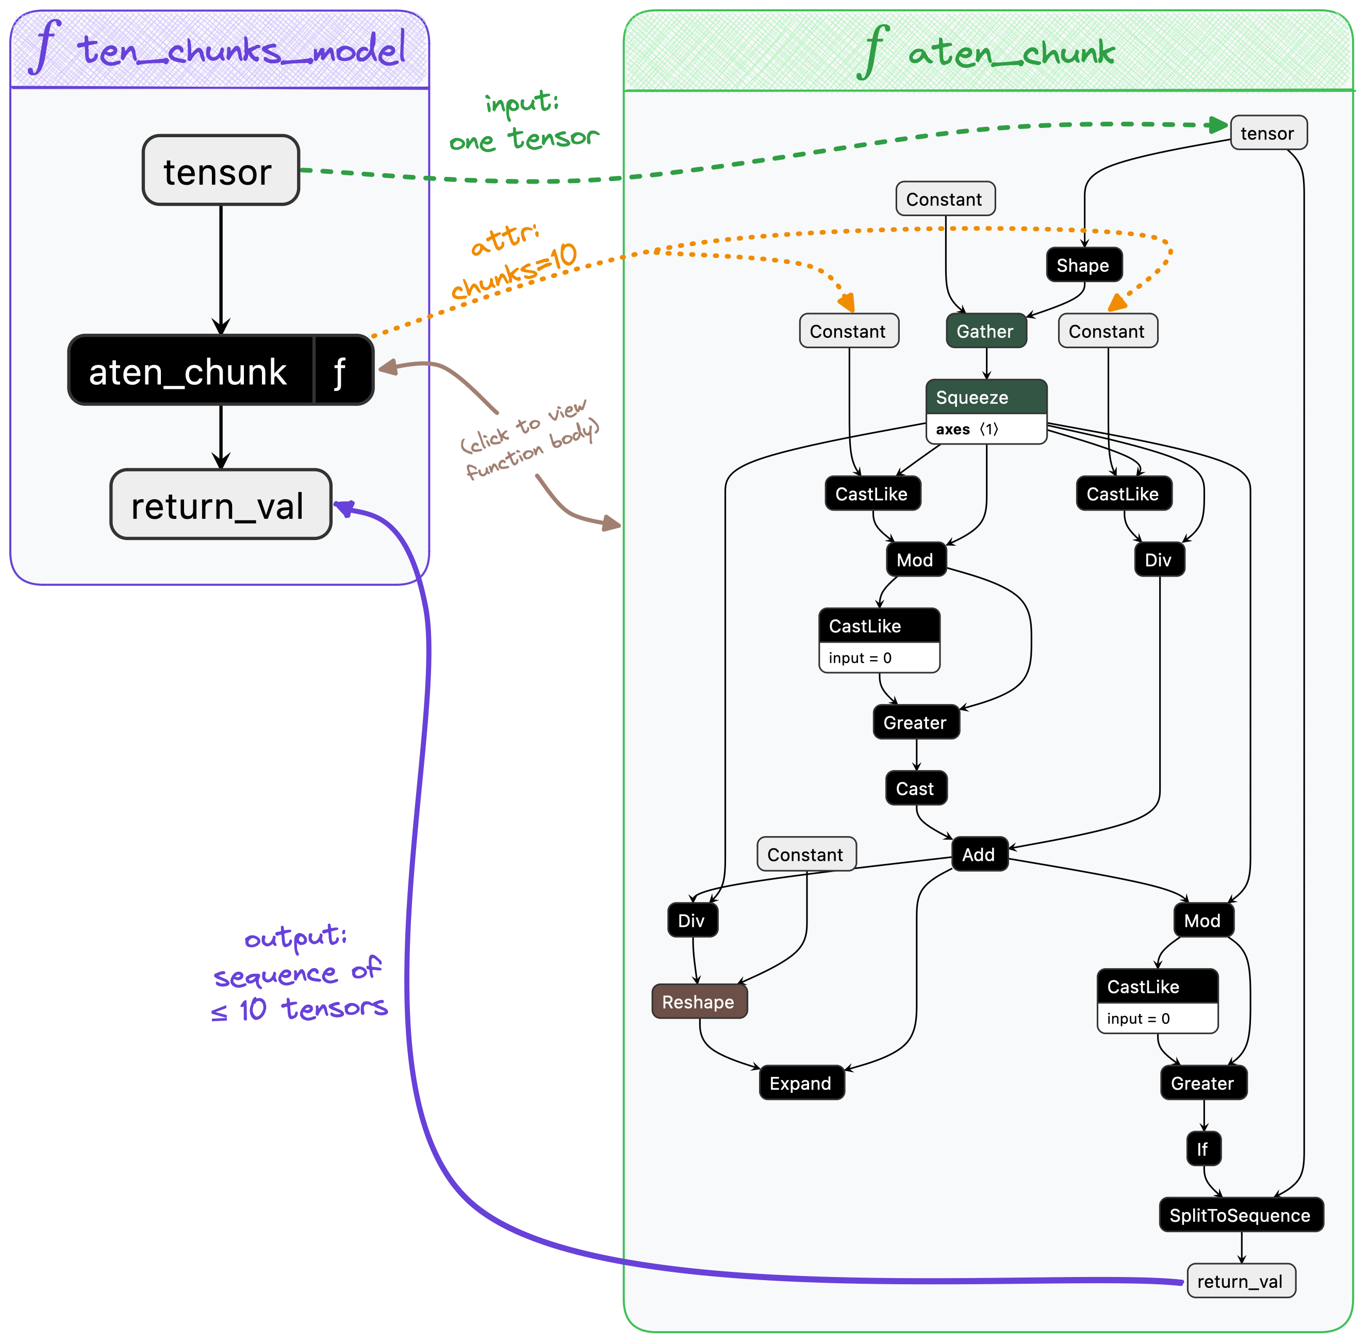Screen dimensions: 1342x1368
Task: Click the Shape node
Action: [1083, 265]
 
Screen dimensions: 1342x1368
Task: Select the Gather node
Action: [985, 331]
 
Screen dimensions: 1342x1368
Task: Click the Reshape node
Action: [699, 1002]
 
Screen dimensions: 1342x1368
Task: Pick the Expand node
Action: [801, 1083]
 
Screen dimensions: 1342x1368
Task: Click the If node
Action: [1202, 1150]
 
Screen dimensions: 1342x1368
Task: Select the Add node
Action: [979, 854]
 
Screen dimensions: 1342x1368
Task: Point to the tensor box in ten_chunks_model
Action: [220, 171]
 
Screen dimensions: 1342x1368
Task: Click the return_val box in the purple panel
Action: [220, 504]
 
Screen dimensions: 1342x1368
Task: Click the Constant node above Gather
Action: [945, 200]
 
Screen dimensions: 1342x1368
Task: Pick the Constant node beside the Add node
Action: [805, 854]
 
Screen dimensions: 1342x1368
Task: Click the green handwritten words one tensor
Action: [524, 139]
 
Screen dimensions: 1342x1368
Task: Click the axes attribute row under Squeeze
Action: [985, 429]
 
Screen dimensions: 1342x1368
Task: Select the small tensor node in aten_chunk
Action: [1267, 133]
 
